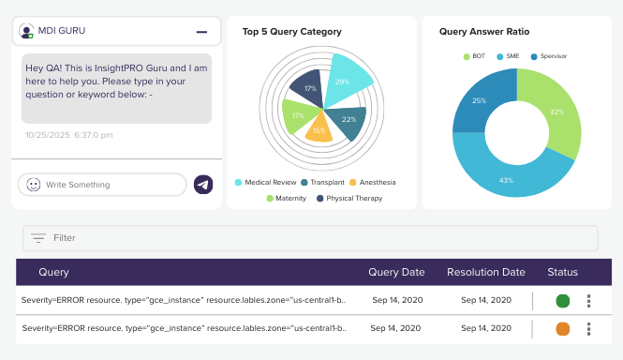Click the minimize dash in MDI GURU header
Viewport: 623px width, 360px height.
(201, 32)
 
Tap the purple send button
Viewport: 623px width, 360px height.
(203, 185)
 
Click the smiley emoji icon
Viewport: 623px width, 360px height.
(34, 185)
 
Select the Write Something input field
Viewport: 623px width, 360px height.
(102, 185)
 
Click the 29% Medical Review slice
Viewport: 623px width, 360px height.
(345, 80)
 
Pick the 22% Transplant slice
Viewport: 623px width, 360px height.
(348, 121)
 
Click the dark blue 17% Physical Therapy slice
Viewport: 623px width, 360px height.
(308, 88)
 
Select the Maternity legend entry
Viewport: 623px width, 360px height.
(287, 198)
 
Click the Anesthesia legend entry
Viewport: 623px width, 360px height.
(373, 182)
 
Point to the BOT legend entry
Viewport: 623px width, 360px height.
(474, 56)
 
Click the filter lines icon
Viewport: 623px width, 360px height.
(38, 238)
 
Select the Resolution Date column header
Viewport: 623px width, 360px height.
(486, 272)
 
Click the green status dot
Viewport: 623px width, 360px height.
(563, 301)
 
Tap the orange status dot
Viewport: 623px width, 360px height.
(563, 328)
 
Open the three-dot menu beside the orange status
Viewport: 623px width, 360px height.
(589, 328)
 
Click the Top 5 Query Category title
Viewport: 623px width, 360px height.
(292, 32)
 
